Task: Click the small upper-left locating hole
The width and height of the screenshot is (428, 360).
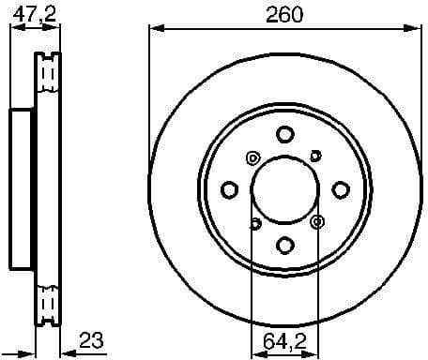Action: (252, 157)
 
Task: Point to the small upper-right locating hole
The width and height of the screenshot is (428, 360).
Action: (316, 157)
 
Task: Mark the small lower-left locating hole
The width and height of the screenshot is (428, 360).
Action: (253, 223)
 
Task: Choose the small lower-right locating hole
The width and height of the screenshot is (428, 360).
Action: (317, 222)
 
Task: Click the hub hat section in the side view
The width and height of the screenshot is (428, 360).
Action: (21, 188)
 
